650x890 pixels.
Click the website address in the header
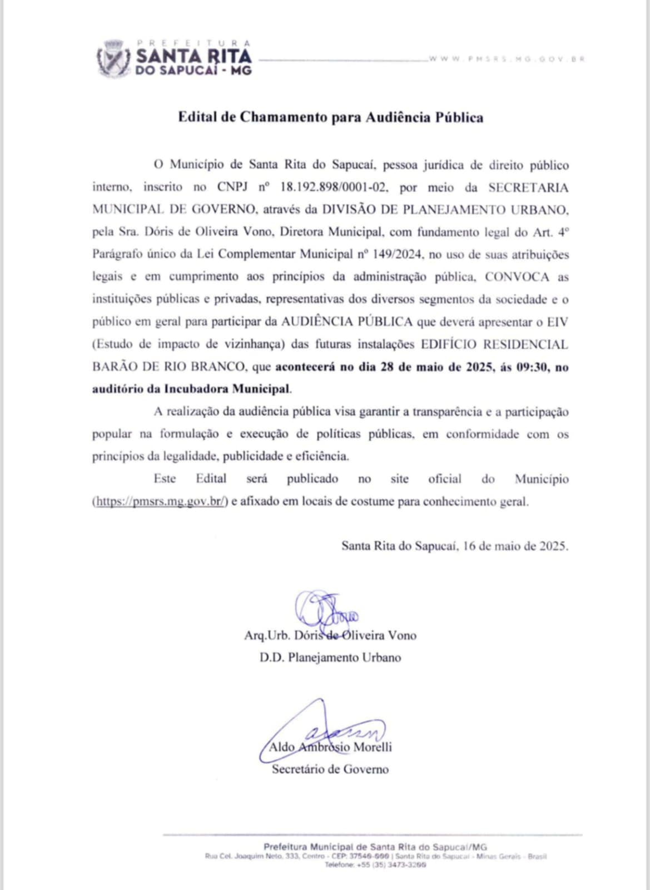pyautogui.click(x=506, y=59)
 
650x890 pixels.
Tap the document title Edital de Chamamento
pyautogui.click(x=330, y=117)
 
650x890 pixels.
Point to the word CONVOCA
pyautogui.click(x=517, y=277)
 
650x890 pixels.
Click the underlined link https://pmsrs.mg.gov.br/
pyautogui.click(x=160, y=501)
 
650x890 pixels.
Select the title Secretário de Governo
pyautogui.click(x=330, y=769)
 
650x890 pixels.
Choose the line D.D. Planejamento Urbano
pyautogui.click(x=330, y=657)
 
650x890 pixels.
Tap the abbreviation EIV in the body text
pyautogui.click(x=558, y=322)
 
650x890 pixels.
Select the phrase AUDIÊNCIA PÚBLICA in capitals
pyautogui.click(x=347, y=322)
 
